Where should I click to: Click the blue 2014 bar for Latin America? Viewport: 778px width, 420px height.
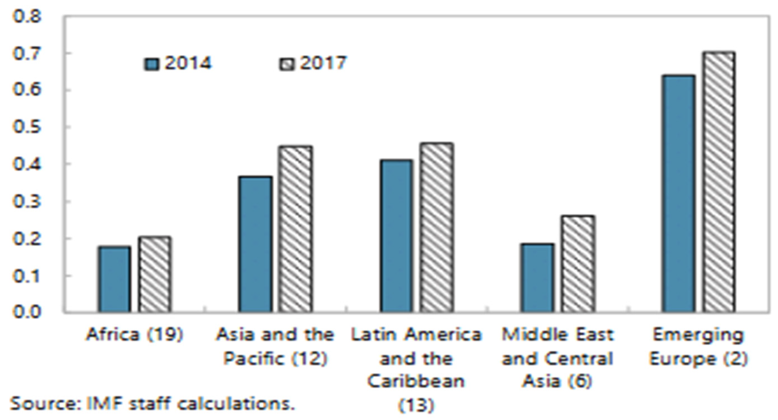click(396, 235)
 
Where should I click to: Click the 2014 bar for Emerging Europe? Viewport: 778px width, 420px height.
click(678, 193)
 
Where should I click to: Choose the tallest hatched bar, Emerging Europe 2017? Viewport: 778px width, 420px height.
click(718, 182)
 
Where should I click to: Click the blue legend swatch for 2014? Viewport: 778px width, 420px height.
click(151, 64)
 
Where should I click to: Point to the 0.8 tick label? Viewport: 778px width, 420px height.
click(27, 17)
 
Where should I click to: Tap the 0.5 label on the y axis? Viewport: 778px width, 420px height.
click(27, 127)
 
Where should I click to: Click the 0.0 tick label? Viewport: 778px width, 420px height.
click(27, 311)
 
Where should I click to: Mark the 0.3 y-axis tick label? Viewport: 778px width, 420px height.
click(27, 201)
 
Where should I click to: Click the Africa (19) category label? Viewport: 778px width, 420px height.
click(135, 335)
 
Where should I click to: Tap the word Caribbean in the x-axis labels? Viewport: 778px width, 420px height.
click(416, 381)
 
